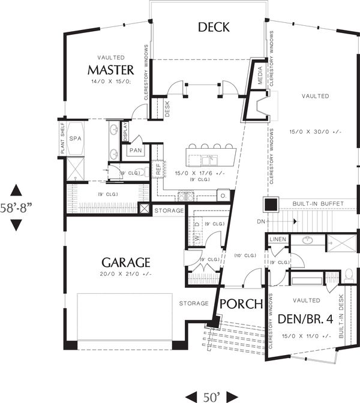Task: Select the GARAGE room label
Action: click(125, 262)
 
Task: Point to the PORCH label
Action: click(240, 303)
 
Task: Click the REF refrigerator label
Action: click(159, 170)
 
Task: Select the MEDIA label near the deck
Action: click(260, 76)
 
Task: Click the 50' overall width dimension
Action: click(211, 396)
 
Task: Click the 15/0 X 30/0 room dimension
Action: click(315, 131)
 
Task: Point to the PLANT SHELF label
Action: click(62, 139)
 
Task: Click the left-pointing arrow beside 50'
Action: click(191, 396)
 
